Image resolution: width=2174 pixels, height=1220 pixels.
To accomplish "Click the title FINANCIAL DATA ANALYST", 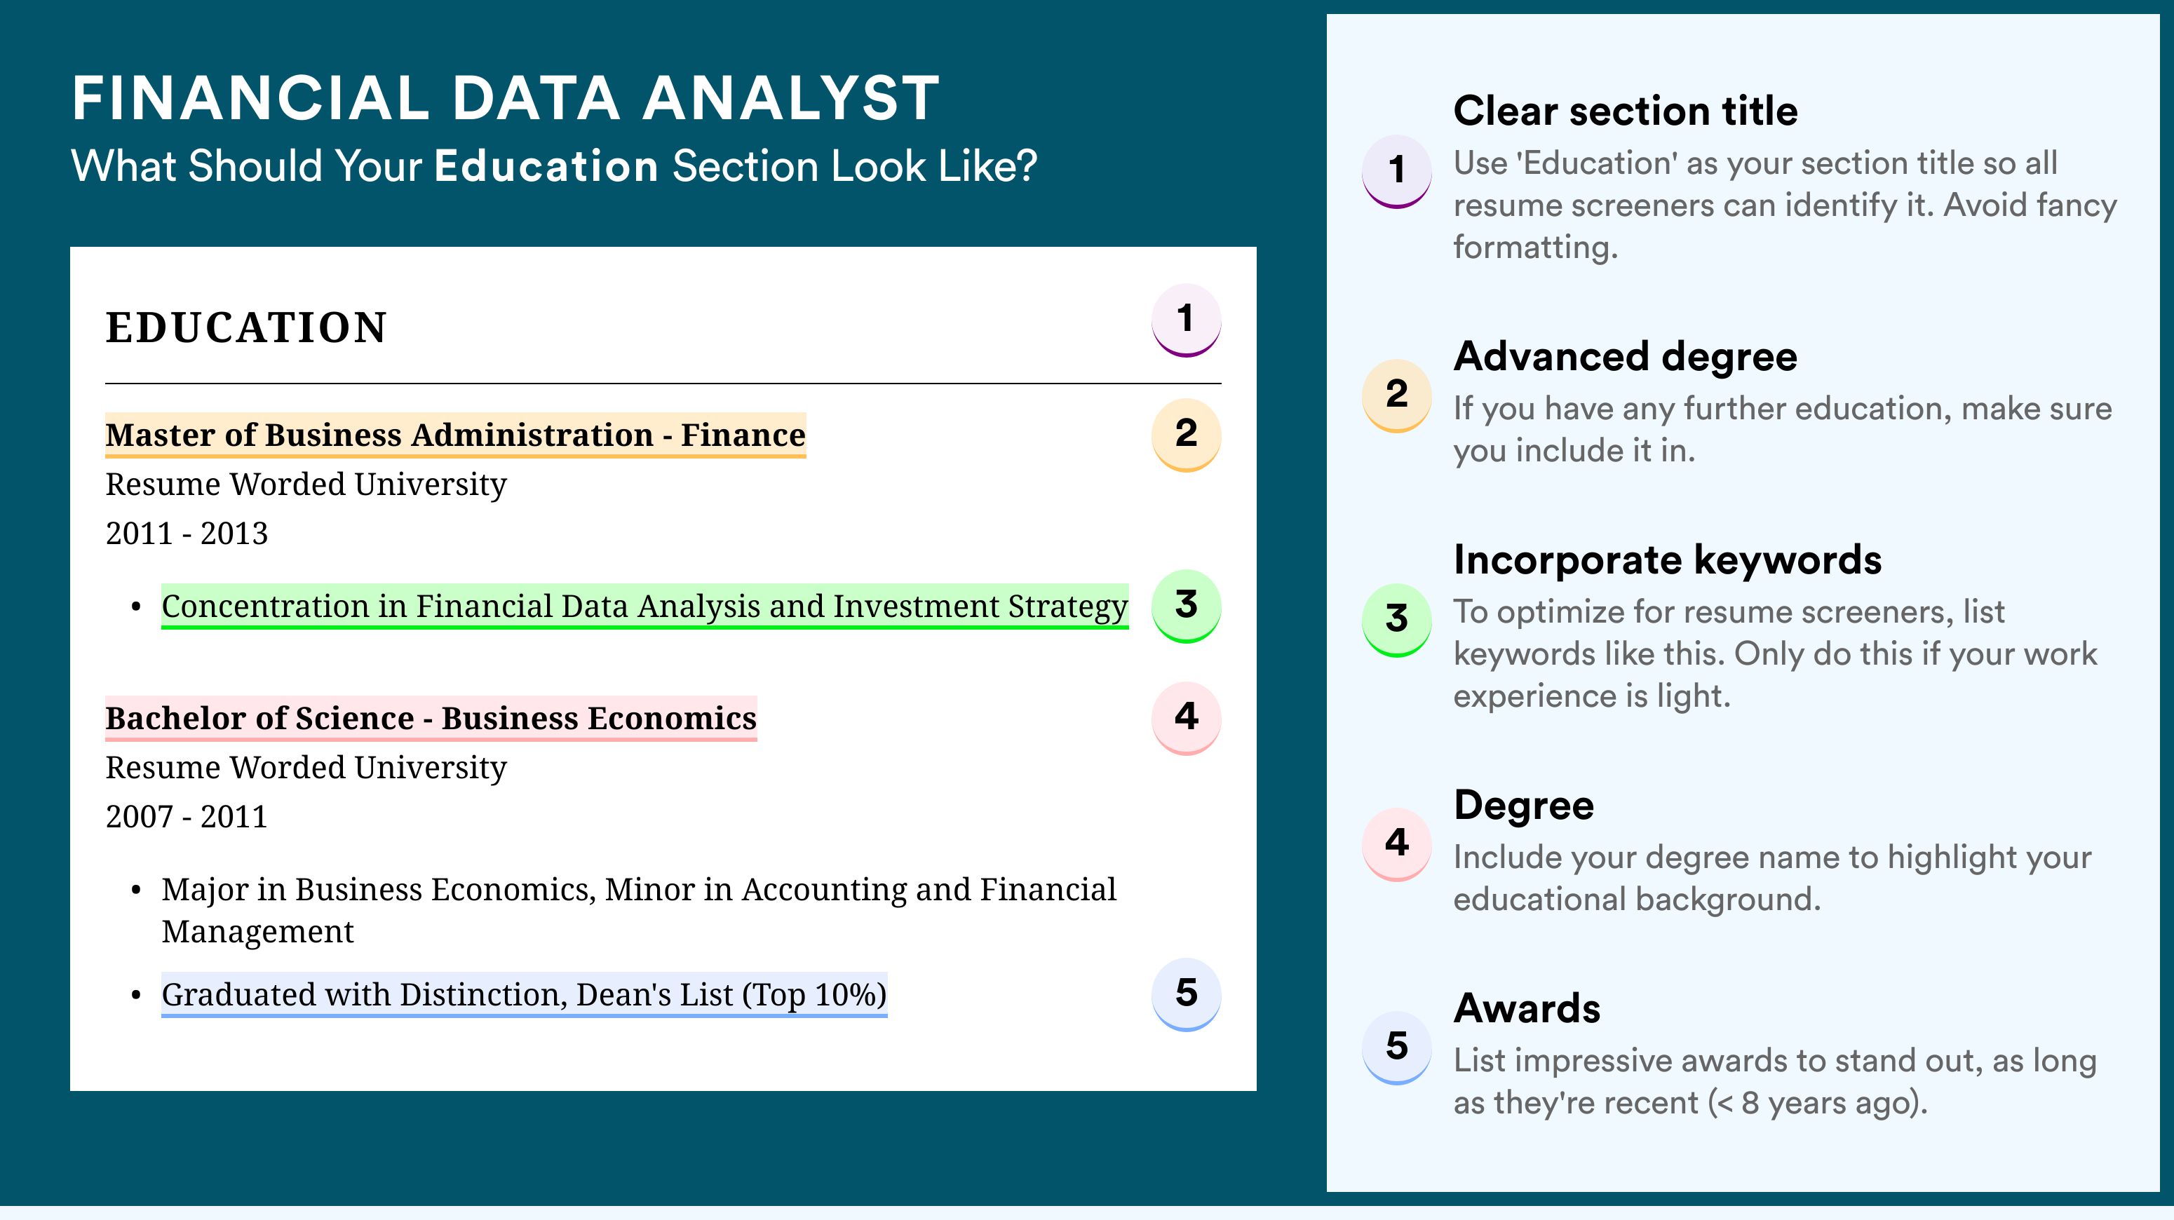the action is pyautogui.click(x=506, y=98).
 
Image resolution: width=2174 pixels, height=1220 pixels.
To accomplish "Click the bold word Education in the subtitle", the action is pyautogui.click(x=546, y=165).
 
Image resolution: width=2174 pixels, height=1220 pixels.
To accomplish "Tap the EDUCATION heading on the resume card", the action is pyautogui.click(x=245, y=327).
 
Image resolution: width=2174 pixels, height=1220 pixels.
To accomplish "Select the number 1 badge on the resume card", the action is pyautogui.click(x=1186, y=320).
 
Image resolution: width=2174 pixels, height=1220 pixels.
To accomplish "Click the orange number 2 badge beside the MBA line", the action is pyautogui.click(x=1186, y=435).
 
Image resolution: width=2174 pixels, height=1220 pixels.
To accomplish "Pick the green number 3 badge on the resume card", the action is pyautogui.click(x=1186, y=606).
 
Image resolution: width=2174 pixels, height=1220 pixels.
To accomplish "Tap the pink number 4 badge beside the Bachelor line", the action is pyautogui.click(x=1186, y=718).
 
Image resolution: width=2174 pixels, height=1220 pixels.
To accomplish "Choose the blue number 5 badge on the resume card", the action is pyautogui.click(x=1186, y=994).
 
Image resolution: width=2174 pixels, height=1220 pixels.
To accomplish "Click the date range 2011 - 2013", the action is pyautogui.click(x=187, y=533).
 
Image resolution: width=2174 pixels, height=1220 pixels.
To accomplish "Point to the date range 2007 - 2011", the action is pyautogui.click(x=187, y=817).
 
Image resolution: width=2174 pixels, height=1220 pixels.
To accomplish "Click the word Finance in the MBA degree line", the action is pyautogui.click(x=743, y=435).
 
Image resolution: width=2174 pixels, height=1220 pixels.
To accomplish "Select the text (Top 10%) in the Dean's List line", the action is pyautogui.click(x=814, y=995).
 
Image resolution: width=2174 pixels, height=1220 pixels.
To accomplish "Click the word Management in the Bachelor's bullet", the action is pyautogui.click(x=257, y=931).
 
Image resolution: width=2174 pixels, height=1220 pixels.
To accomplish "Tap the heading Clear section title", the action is pyautogui.click(x=1626, y=111).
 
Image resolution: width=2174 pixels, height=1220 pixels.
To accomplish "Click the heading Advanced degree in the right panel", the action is pyautogui.click(x=1626, y=356).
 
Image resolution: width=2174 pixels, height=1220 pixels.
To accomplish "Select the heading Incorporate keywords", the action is pyautogui.click(x=1668, y=560).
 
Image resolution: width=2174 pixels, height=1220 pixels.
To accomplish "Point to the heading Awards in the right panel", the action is pyautogui.click(x=1527, y=1008).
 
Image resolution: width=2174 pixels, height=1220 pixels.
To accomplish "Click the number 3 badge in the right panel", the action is pyautogui.click(x=1397, y=619).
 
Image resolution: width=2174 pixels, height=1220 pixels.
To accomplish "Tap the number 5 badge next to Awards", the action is pyautogui.click(x=1397, y=1047).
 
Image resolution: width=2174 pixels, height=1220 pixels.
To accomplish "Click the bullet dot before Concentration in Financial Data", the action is pyautogui.click(x=136, y=607).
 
